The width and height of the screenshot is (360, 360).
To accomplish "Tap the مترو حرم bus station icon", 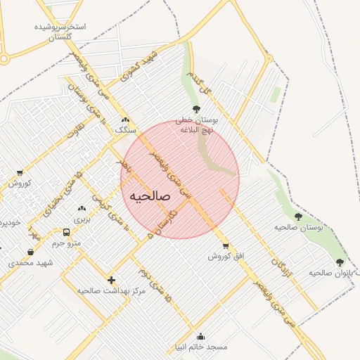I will [66, 232].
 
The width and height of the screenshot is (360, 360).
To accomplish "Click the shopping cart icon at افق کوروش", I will [225, 245].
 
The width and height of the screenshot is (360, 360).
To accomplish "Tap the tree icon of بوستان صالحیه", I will [298, 217].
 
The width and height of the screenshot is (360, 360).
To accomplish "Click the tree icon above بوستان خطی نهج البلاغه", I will [195, 109].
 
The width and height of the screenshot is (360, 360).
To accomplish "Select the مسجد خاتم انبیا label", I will [201, 347].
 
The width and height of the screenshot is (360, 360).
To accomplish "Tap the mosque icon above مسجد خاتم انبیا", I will [201, 336].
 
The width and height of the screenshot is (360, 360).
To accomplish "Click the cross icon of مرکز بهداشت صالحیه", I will [111, 279].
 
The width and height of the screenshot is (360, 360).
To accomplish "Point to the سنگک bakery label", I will [125, 130].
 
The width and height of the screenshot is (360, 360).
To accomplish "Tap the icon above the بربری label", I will [82, 208].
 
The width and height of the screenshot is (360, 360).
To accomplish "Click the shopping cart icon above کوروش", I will [19, 172].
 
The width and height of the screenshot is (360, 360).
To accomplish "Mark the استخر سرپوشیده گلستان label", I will [60, 32].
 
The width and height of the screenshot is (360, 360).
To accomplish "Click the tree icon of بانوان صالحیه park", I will [340, 262].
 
